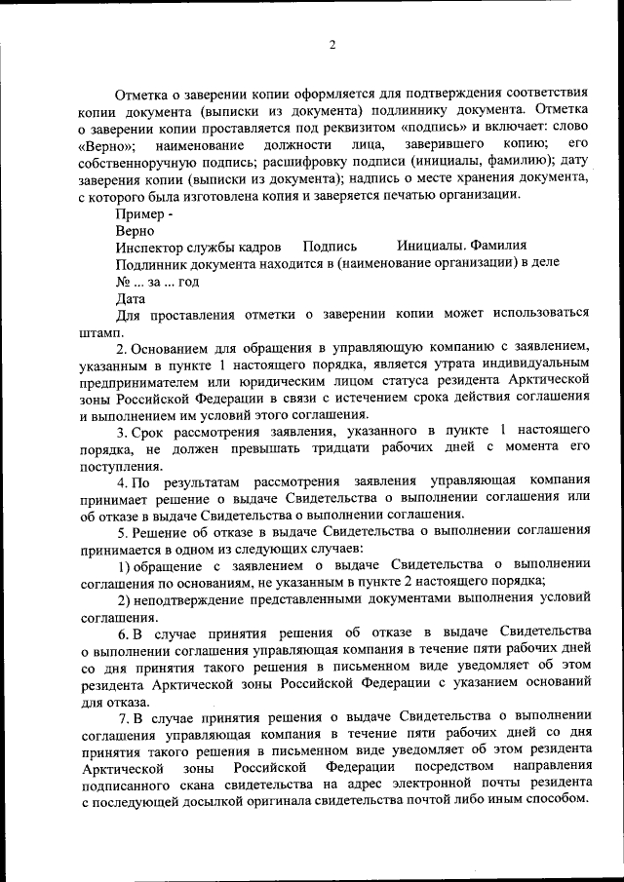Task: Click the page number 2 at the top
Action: point(331,46)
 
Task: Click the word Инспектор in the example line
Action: point(148,246)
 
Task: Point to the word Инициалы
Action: point(430,246)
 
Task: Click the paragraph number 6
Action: point(121,633)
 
